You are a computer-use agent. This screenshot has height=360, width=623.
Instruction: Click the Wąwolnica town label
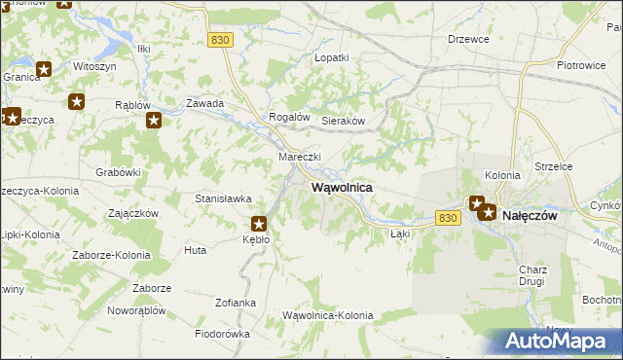coord(341,187)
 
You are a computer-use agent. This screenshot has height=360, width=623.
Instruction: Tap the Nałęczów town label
coord(529,216)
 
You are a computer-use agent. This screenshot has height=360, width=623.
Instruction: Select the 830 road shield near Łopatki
coord(221,39)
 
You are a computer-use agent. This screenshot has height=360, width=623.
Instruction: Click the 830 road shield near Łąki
coord(448,219)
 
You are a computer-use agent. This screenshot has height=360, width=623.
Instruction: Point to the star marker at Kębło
coord(260,223)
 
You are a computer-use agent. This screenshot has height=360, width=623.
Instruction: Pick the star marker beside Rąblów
coord(154,120)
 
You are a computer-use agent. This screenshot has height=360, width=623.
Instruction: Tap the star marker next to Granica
coord(43,69)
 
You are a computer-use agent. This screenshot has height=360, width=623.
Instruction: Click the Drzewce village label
coord(467,39)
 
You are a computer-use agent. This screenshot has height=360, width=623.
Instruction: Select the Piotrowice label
coord(582,65)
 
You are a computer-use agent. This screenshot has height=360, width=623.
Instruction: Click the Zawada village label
coord(205,103)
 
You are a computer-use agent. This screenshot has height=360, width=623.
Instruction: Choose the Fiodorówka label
coord(222,334)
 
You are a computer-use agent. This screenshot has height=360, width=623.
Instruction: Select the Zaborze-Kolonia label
coord(111,255)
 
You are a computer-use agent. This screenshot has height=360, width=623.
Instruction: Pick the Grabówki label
coord(119,172)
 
